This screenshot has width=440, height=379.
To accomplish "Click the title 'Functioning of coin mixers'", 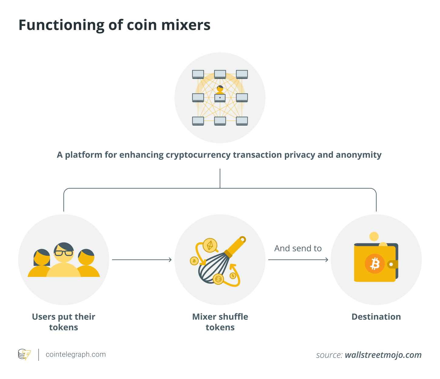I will (x=114, y=25).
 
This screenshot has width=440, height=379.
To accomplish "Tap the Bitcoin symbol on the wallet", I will (x=375, y=264).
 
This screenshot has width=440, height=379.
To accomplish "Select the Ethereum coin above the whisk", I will (x=210, y=246).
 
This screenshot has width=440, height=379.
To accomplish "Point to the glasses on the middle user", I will (x=64, y=253).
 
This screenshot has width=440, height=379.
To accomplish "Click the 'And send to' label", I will (x=298, y=249).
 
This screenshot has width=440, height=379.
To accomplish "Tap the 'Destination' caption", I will (x=376, y=317).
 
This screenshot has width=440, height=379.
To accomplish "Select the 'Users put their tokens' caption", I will (x=63, y=322).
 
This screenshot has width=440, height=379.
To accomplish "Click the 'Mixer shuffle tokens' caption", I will (x=220, y=322).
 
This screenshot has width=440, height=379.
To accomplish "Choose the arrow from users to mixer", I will (x=142, y=260).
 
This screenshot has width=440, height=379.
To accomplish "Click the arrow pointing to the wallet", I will (x=298, y=260).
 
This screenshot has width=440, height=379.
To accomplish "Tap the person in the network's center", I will (x=220, y=90).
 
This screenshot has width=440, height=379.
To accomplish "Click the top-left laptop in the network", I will (x=198, y=74).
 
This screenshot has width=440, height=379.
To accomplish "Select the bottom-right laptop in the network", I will (x=242, y=121).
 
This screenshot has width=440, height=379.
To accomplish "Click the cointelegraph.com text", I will (x=76, y=354).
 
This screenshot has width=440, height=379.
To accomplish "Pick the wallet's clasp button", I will (x=391, y=265).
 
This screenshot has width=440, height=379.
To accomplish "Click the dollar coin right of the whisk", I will (x=233, y=276).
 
